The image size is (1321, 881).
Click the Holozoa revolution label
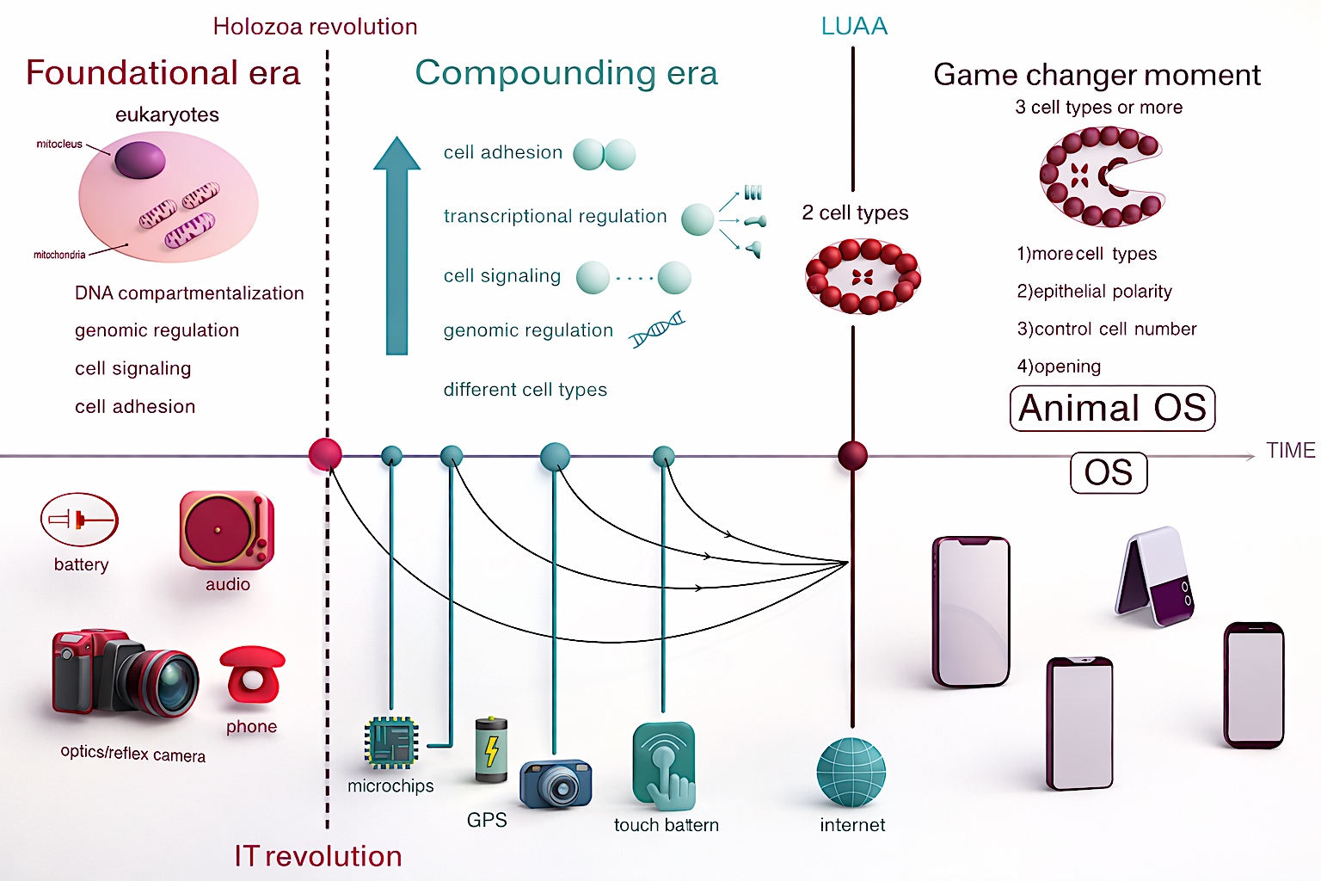(x=315, y=27)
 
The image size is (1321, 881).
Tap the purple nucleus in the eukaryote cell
(x=139, y=160)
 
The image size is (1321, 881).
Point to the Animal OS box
(x=1112, y=408)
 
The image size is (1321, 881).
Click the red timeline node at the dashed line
(x=325, y=454)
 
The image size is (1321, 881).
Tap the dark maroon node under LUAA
(x=852, y=455)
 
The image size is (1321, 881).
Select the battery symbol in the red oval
(x=79, y=520)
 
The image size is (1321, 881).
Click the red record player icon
(x=226, y=530)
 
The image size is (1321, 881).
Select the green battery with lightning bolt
(x=492, y=749)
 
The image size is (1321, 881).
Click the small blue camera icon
(x=556, y=783)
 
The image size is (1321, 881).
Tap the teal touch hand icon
(x=664, y=765)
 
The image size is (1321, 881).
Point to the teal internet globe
(x=851, y=772)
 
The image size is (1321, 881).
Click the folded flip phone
(x=1156, y=576)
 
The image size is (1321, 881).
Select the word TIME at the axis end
(x=1290, y=451)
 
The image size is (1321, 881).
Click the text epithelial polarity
(x=1094, y=292)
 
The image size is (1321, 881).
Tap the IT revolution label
(x=318, y=856)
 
